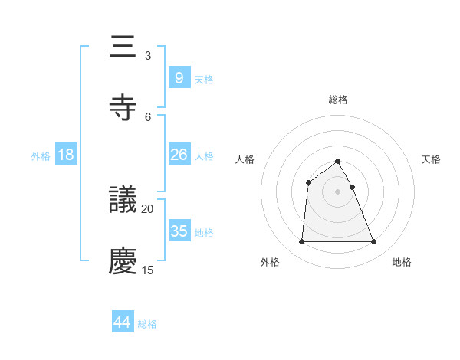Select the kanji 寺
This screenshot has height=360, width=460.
tap(123, 106)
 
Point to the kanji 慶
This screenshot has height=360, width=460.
tap(123, 260)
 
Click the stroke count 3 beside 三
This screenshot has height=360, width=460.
tap(147, 56)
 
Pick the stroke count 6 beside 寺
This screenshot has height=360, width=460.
tap(147, 116)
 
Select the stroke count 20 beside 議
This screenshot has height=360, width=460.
tap(148, 208)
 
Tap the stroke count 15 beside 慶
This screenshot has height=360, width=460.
tap(148, 270)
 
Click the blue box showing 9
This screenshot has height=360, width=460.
tap(179, 77)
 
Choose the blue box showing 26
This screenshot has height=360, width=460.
tap(179, 155)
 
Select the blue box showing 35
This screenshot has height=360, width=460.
tap(179, 231)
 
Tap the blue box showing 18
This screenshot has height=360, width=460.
tap(66, 155)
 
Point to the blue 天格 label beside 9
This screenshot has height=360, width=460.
tap(204, 79)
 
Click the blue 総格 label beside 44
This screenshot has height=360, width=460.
tap(147, 324)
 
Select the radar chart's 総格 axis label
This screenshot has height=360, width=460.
tap(338, 100)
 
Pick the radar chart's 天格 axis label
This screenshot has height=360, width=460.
tap(432, 159)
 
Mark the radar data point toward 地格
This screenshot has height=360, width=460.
tap(374, 242)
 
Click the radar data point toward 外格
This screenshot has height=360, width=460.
tap(301, 242)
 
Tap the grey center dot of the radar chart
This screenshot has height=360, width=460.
tap(338, 191)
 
